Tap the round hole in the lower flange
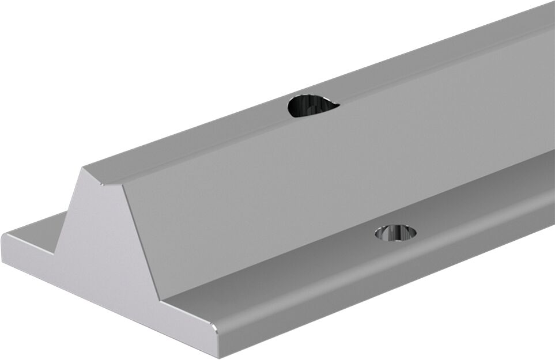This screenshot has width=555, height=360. coord(395,233)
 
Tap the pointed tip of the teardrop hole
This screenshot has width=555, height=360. coord(337,105)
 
